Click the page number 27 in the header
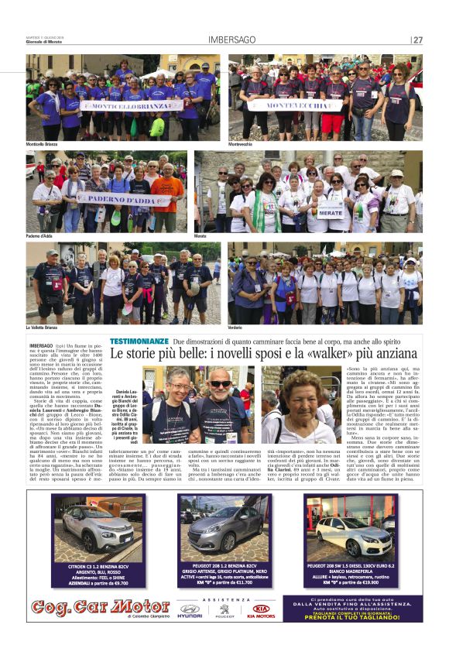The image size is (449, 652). point(418,40)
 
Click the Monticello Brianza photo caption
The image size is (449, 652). point(45,144)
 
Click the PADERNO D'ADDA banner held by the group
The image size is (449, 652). point(124,199)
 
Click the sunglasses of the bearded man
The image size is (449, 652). point(220,384)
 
